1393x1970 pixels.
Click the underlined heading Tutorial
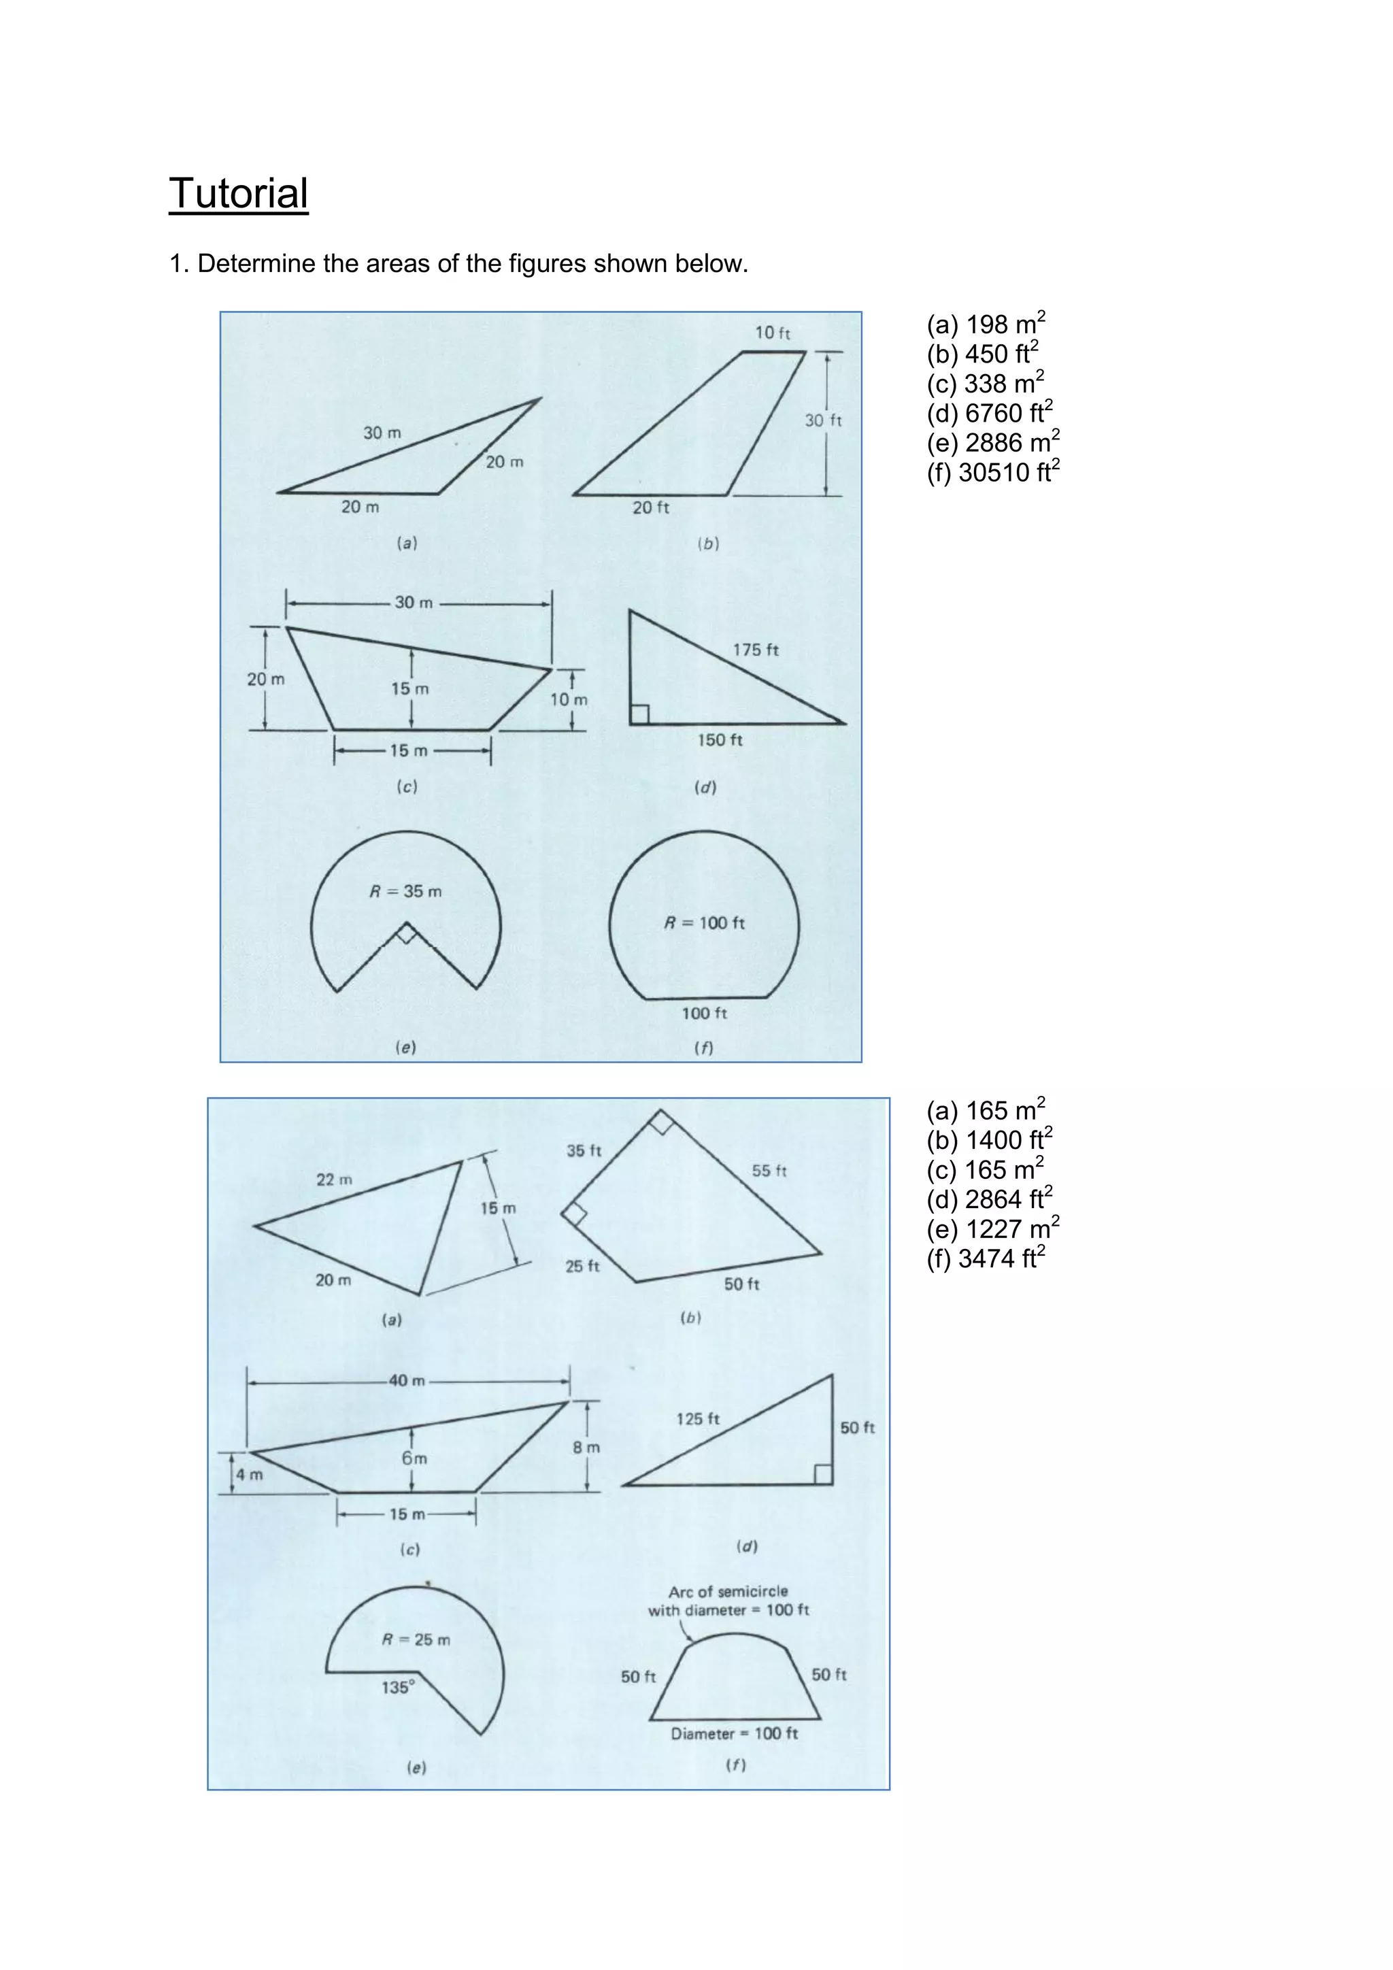coord(239,194)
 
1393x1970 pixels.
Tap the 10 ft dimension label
coord(772,333)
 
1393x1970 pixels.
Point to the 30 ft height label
coord(822,420)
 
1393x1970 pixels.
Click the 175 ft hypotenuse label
coord(755,650)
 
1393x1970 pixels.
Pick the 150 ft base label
coord(720,739)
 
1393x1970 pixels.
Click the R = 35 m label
coord(405,892)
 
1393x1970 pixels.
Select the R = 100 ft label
coord(704,923)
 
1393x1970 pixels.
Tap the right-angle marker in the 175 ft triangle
coord(640,714)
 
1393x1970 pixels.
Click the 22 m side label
coord(334,1180)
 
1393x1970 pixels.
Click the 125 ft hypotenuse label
coord(697,1419)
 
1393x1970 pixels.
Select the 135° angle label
coord(398,1688)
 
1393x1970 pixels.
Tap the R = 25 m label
coord(416,1639)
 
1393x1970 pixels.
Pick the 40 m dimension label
coord(407,1380)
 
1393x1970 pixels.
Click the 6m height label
coord(414,1458)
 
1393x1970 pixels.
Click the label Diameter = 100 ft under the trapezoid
coord(734,1733)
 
